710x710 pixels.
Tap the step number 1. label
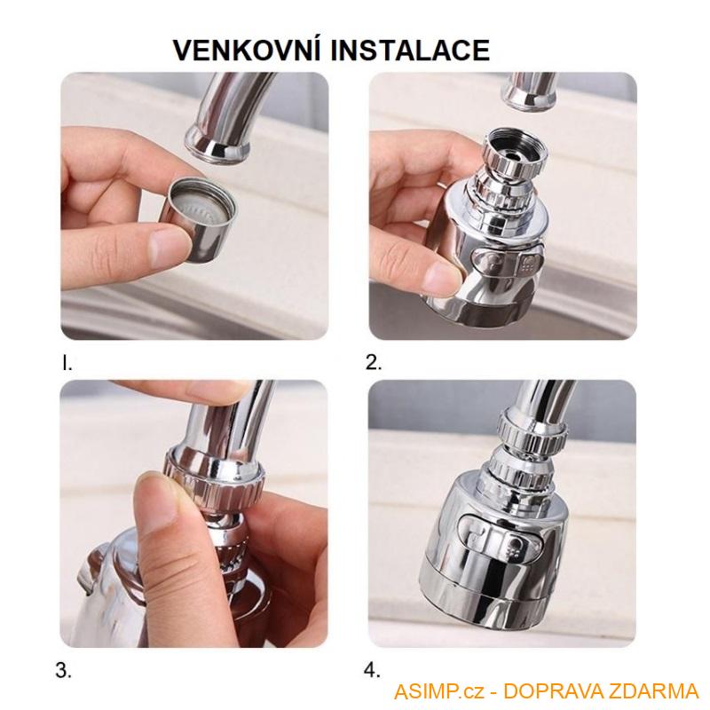[x=67, y=362]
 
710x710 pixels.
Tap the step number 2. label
[x=374, y=362]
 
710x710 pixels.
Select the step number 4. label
[x=374, y=670]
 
